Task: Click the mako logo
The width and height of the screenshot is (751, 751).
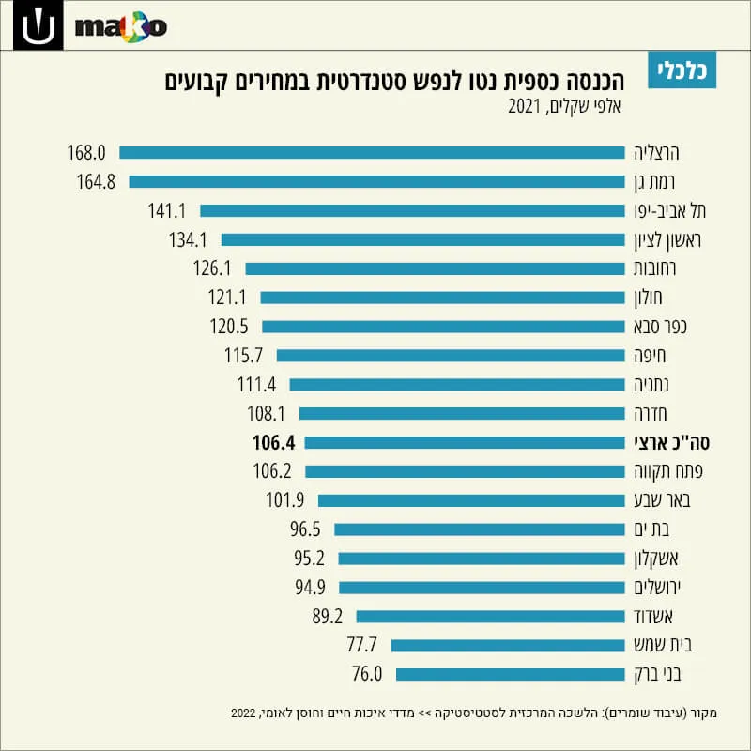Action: [x=121, y=27]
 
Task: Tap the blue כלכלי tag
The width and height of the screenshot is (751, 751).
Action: [x=682, y=69]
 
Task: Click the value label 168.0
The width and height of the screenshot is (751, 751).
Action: [x=86, y=153]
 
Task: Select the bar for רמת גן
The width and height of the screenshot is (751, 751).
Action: [x=377, y=181]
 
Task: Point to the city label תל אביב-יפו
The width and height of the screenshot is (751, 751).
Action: [x=670, y=210]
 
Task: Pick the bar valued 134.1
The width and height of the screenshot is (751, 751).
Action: [x=423, y=240]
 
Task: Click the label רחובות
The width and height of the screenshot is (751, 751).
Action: [x=654, y=268]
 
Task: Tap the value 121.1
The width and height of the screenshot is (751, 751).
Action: [x=227, y=298]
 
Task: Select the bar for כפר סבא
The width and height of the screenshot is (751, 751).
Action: [x=443, y=327]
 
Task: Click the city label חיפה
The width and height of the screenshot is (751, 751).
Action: [x=650, y=356]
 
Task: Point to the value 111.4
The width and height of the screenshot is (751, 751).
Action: [x=256, y=385]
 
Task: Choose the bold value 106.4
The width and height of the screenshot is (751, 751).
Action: [x=274, y=442]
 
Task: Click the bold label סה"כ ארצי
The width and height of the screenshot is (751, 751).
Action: [x=672, y=442]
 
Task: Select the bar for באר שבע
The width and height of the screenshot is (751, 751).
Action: [x=471, y=500]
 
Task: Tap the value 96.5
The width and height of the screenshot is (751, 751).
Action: [x=305, y=529]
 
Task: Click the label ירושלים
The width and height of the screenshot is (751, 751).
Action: [x=657, y=588]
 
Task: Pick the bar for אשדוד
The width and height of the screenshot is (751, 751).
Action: [x=490, y=617]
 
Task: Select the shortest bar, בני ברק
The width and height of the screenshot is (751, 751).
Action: [x=511, y=674]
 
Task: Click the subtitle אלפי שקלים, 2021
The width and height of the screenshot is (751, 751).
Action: [x=565, y=106]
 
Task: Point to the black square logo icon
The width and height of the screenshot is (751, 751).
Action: [x=38, y=25]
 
